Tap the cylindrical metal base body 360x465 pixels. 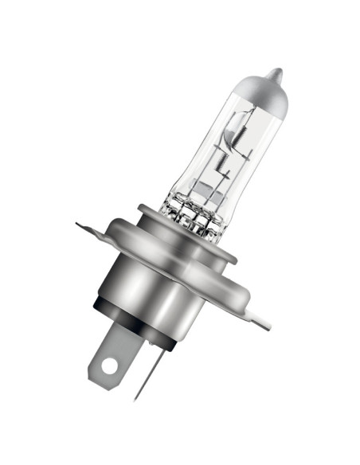[x=159, y=295]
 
